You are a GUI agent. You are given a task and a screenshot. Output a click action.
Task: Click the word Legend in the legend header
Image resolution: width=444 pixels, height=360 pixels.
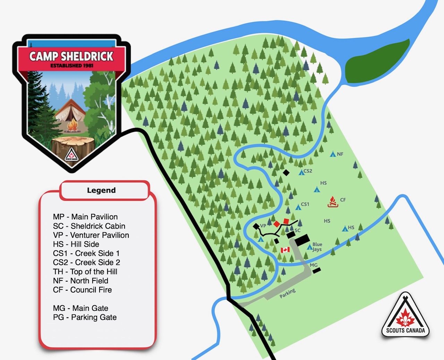tap(101, 190)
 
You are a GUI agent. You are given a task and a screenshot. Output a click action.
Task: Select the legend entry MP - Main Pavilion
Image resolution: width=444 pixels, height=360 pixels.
tap(85, 217)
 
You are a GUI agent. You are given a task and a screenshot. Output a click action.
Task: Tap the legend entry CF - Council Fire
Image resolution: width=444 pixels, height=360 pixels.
tap(83, 290)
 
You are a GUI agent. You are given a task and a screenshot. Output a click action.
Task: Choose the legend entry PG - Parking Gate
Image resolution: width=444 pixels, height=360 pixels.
tap(85, 317)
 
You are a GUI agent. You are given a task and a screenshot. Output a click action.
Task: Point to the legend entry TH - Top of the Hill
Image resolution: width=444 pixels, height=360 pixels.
tap(85, 271)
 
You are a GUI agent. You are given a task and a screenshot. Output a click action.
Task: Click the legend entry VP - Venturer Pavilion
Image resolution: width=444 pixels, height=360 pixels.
tap(91, 235)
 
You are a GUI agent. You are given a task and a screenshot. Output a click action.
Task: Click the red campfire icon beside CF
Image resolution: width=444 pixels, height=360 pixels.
tap(333, 202)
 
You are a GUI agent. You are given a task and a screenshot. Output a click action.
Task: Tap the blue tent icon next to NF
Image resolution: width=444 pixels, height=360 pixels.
tap(333, 154)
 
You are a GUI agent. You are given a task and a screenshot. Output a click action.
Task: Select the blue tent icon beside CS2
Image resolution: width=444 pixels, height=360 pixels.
tap(301, 172)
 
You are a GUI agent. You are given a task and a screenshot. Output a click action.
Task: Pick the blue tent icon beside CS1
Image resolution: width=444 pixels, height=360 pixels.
tap(298, 207)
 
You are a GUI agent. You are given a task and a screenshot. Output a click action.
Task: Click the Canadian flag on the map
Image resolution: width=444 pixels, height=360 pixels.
tap(285, 250)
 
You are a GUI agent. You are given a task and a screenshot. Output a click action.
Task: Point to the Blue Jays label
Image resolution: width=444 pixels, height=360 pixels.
tap(317, 247)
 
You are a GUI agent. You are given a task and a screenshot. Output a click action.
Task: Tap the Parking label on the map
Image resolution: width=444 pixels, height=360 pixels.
tap(288, 293)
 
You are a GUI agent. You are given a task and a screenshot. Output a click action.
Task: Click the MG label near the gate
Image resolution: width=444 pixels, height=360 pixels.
tap(314, 265)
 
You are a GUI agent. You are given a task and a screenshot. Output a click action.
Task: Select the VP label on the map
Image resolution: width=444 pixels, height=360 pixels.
tap(263, 226)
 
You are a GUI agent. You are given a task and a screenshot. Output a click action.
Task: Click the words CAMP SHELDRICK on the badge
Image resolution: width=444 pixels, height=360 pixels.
tap(71, 56)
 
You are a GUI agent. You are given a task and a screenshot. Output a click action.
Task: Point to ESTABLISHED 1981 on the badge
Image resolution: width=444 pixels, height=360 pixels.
tap(71, 66)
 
